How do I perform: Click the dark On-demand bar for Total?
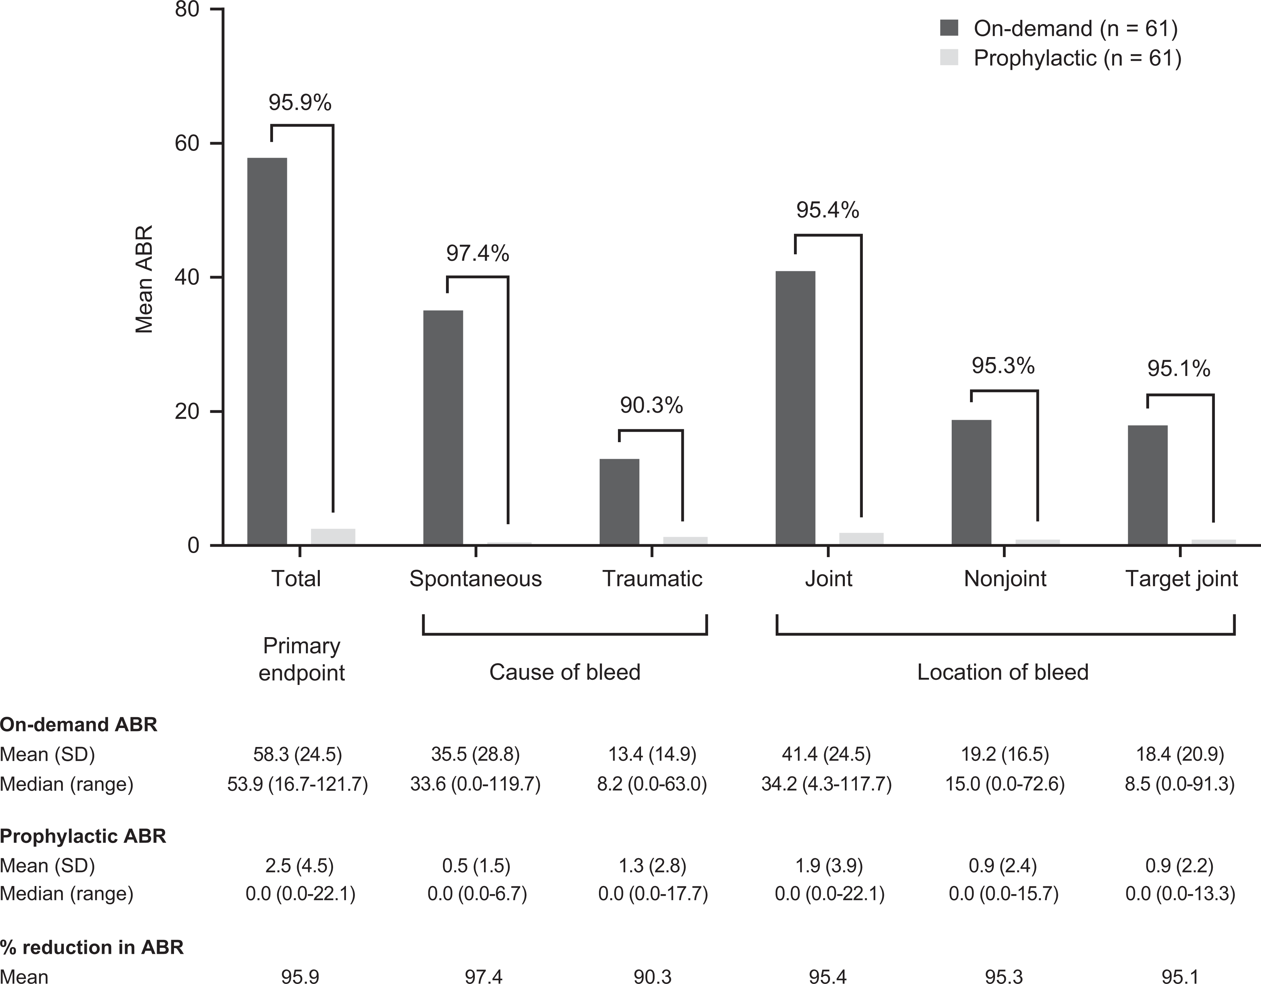tap(267, 351)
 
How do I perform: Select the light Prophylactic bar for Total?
tap(333, 537)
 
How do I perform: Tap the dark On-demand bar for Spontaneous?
tap(443, 428)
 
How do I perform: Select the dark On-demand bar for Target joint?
tap(1148, 485)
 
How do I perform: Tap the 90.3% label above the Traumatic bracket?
tap(651, 406)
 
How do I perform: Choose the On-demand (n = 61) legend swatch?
tap(949, 28)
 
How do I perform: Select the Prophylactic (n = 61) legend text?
tap(1078, 58)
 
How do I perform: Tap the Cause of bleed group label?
tap(565, 672)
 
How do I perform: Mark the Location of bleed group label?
tap(1003, 672)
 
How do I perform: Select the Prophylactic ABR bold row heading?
tap(83, 836)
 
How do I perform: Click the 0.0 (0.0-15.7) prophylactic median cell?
tap(1004, 893)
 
